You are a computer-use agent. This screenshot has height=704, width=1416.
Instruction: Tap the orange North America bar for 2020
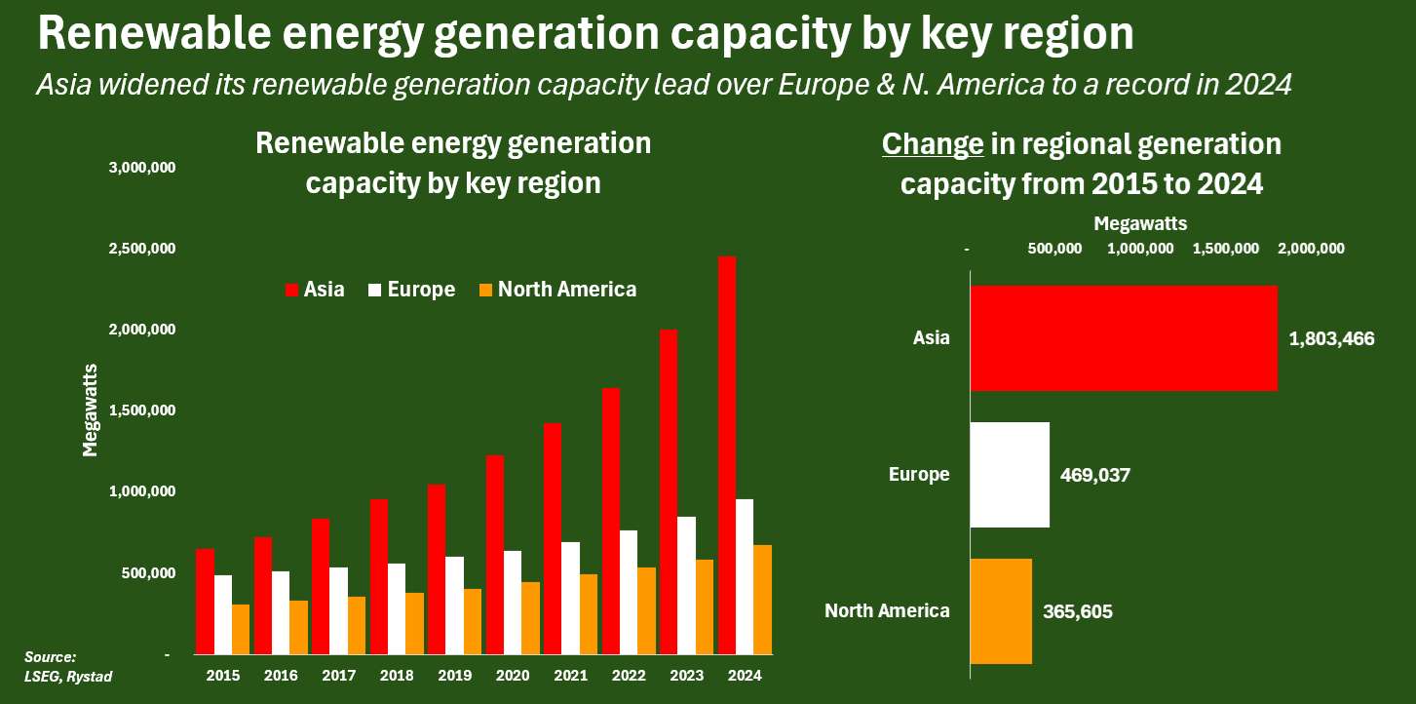tap(530, 617)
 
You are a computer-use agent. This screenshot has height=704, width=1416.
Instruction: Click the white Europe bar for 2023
tap(686, 585)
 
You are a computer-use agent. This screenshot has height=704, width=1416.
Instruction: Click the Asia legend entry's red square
tap(291, 290)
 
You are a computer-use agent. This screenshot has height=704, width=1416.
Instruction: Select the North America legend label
tap(567, 290)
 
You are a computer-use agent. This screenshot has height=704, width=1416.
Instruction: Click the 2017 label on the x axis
tap(340, 674)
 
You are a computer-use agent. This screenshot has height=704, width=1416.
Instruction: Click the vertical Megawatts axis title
tap(90, 410)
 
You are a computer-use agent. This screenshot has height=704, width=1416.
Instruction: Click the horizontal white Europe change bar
tap(1010, 475)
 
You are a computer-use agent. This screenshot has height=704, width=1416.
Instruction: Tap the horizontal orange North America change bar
tap(1001, 611)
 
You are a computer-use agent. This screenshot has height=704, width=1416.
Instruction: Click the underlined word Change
tap(933, 145)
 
